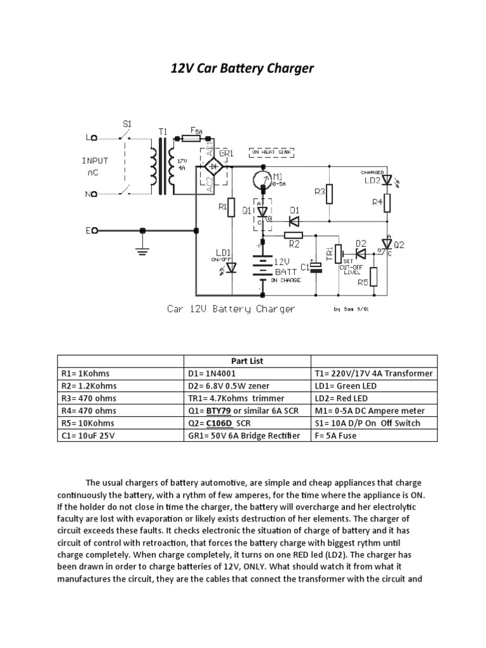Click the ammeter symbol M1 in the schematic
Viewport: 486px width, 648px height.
261,181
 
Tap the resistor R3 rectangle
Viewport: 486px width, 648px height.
329,194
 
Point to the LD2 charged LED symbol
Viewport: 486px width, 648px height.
387,180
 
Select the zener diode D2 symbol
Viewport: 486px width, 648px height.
361,253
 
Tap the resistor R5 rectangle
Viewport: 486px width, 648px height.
374,277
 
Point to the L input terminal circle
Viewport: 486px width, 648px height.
94,137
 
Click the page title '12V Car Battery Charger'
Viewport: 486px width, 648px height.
242,68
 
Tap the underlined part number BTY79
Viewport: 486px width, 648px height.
217,411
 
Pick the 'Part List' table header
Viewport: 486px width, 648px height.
247,361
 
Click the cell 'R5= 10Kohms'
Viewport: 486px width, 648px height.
120,423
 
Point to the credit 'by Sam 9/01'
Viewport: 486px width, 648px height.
350,309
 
